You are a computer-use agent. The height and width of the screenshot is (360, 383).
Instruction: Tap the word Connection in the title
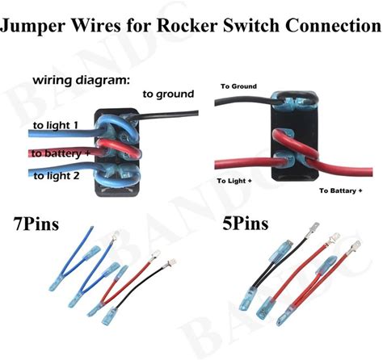[334, 25]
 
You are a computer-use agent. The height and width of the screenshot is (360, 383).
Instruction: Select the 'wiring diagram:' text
[81, 81]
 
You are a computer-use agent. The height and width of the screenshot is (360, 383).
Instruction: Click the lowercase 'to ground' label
[168, 94]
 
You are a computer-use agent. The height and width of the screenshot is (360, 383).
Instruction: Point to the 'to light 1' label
[56, 125]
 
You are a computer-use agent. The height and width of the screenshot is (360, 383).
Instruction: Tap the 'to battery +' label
[61, 153]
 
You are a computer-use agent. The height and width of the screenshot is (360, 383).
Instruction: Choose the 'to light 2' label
[57, 176]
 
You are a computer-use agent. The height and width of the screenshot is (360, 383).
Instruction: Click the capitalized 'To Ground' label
[238, 86]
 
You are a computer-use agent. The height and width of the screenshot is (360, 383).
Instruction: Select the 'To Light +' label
[234, 181]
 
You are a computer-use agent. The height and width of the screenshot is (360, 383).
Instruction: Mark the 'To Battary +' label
[341, 190]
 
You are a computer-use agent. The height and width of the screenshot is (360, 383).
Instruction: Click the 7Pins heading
[36, 224]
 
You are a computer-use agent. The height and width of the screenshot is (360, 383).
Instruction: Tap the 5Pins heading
[246, 224]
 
